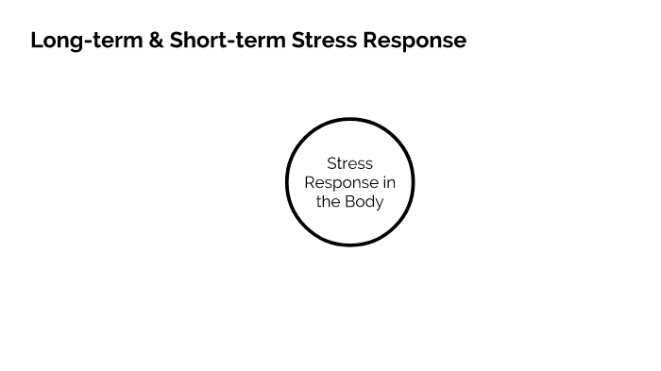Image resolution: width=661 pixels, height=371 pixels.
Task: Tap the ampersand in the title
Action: click(x=157, y=41)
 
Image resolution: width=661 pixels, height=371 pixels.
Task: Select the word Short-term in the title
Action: click(x=227, y=41)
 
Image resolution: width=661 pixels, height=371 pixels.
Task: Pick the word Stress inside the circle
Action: click(x=349, y=163)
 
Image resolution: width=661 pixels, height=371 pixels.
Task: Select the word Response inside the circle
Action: click(x=339, y=182)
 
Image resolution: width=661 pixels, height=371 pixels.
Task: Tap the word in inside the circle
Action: click(x=388, y=182)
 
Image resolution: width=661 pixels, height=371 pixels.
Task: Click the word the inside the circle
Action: click(x=328, y=201)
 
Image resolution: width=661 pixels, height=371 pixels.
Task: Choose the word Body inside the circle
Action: click(x=364, y=201)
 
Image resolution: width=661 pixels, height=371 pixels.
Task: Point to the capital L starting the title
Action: click(x=36, y=41)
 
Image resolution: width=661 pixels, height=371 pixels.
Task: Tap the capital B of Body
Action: click(x=349, y=201)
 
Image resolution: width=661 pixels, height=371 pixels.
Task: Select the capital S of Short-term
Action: click(x=177, y=41)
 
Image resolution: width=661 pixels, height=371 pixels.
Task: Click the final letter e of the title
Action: click(x=460, y=42)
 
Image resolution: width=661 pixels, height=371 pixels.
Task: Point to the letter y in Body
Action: click(x=380, y=203)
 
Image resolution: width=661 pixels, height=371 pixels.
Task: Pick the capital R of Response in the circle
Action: click(x=310, y=182)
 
